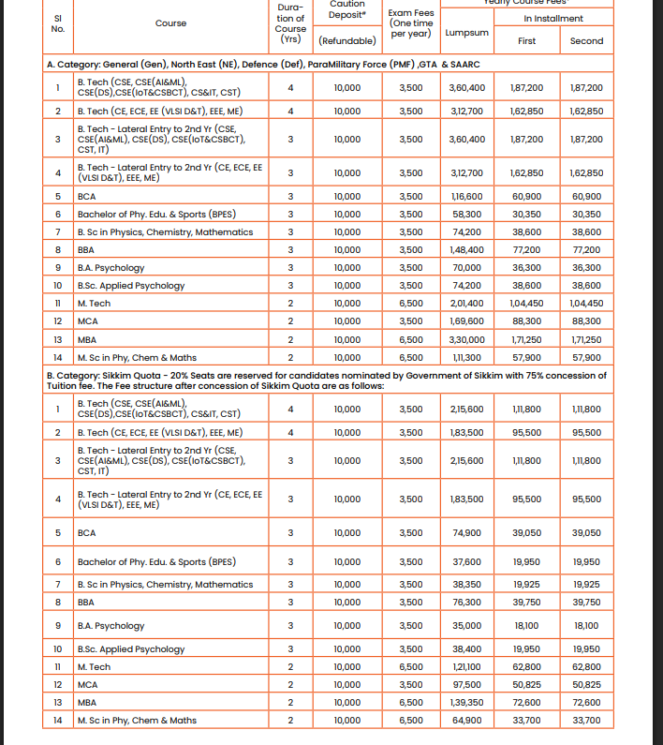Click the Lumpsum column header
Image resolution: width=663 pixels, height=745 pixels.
coord(467,32)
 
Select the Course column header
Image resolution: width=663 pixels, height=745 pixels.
coord(170,23)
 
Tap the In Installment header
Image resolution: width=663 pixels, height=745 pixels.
coord(553,18)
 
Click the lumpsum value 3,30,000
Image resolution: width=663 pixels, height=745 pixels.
coord(467,339)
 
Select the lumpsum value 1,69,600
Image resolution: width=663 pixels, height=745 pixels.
coord(467,321)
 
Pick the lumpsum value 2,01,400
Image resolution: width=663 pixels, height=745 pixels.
coord(467,304)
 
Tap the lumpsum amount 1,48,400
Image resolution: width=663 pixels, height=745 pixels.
coord(467,250)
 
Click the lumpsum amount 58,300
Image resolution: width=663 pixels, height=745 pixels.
coord(466,215)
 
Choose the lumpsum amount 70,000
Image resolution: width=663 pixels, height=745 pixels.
coord(466,268)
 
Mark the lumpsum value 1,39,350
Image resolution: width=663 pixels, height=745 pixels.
coord(467,702)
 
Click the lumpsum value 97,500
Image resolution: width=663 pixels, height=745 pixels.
coord(466,684)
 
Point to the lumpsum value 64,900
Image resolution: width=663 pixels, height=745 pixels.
coord(466,720)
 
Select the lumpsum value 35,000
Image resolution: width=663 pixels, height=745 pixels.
coord(466,625)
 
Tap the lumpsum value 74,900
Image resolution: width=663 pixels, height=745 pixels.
coord(466,532)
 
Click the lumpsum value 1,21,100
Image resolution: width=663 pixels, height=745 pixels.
coord(467,666)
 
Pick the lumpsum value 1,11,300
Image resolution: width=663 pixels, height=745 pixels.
coord(467,357)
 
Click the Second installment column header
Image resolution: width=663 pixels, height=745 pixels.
coord(586,41)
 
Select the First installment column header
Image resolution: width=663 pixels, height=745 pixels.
coord(527,41)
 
